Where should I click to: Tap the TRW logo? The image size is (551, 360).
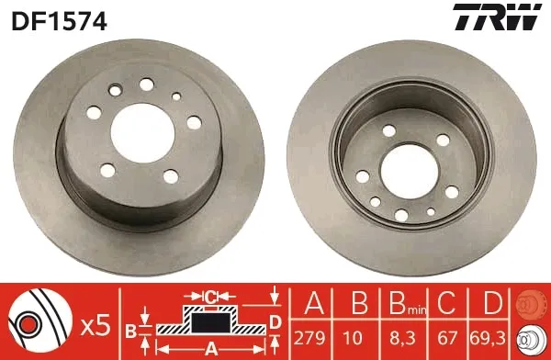click(497, 17)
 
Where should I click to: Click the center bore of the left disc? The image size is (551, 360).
click(142, 133)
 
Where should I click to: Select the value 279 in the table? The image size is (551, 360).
click(310, 338)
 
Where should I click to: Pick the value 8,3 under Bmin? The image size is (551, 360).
click(403, 338)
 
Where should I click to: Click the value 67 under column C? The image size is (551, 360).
click(447, 338)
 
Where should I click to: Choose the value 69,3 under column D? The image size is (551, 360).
click(488, 338)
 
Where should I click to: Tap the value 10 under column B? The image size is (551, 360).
click(353, 338)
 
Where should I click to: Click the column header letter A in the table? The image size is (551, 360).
click(314, 303)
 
